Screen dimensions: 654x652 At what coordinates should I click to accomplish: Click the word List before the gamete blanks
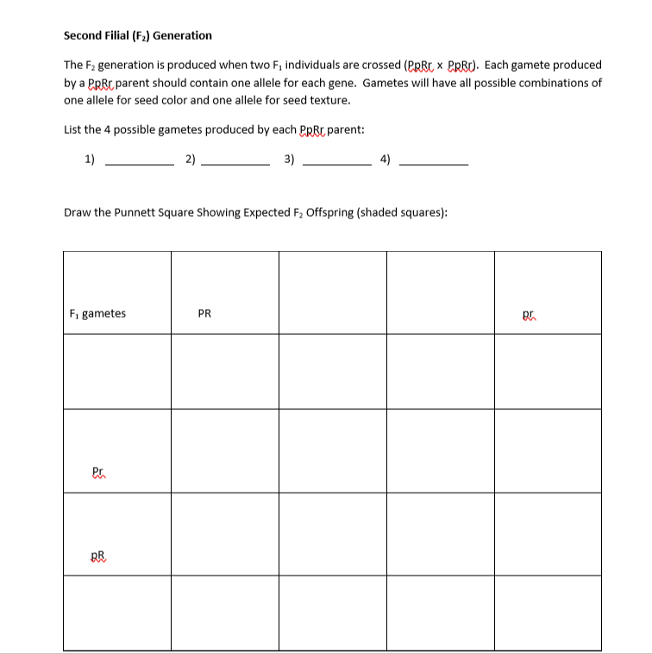coord(74,130)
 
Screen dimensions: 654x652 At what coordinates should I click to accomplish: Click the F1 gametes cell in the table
coord(97,314)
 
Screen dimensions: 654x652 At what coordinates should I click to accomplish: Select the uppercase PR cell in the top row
coord(204,314)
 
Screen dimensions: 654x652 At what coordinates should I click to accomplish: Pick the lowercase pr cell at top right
coord(530,314)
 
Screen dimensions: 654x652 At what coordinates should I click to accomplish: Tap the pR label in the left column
coord(97,557)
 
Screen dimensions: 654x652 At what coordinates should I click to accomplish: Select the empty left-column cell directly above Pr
coord(116,371)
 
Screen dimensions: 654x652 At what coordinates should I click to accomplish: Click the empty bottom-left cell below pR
coord(116,613)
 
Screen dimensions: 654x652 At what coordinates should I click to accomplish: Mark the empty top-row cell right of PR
coord(331,293)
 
